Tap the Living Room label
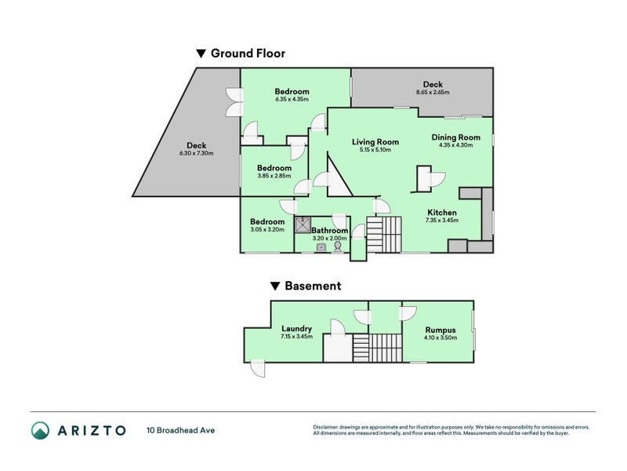coord(375,142)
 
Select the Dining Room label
coord(456,137)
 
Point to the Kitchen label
coord(442,213)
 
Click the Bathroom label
coord(329,231)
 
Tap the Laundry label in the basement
coord(297,329)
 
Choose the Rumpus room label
coord(440,330)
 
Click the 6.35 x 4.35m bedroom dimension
coord(292,100)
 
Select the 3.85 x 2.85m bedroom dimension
coord(274,176)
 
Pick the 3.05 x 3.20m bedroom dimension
coord(267,229)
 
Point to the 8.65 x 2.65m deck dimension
coord(433,92)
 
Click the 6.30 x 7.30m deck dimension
coord(197,153)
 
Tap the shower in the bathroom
coord(303,225)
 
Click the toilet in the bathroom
coord(338,246)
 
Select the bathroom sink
coord(321,248)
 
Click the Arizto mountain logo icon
coord(41,430)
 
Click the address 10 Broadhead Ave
coord(181,430)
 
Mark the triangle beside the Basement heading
coord(275,286)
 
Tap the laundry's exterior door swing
coord(258,369)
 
